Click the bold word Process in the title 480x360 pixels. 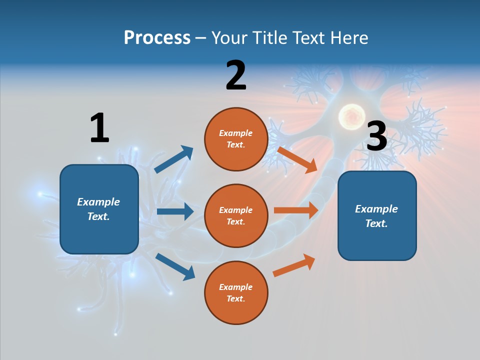pos(157,38)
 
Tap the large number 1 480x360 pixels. pos(99,128)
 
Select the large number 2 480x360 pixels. pos(236,75)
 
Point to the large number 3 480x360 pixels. pos(376,136)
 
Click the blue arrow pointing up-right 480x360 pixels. pos(174,159)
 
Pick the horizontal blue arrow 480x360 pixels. pos(175,211)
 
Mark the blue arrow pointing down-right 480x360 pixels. pos(175,266)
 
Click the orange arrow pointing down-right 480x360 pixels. pos(297,159)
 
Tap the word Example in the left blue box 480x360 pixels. pos(98,202)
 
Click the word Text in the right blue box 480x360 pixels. pos(376,223)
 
